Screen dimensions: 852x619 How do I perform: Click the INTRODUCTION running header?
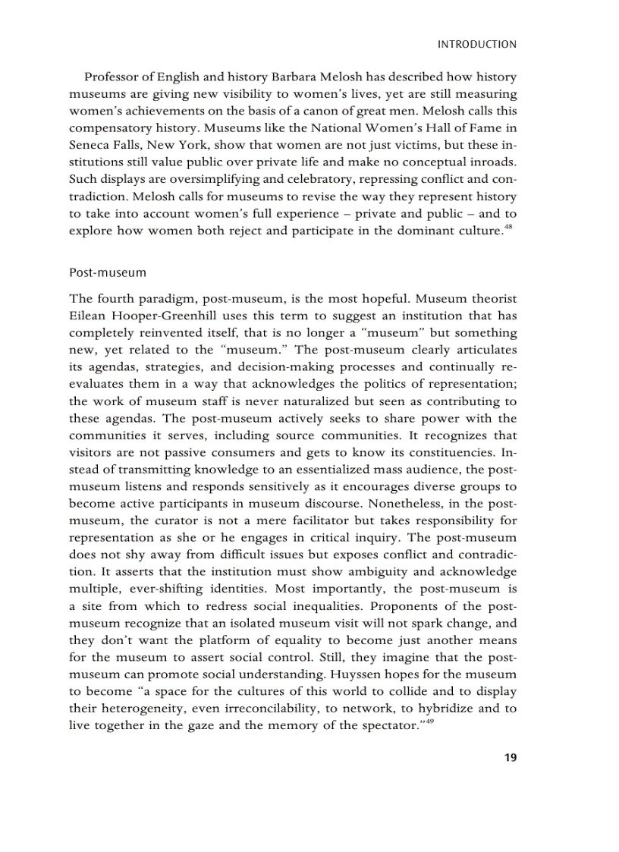coord(477,45)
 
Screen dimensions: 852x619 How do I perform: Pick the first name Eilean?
coord(88,315)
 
